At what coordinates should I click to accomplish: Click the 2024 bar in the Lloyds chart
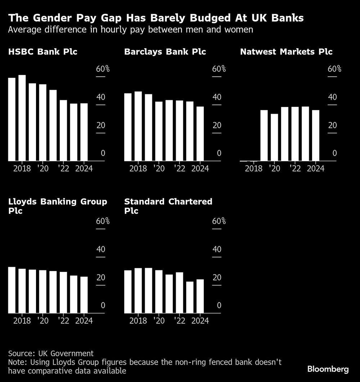tap(84, 295)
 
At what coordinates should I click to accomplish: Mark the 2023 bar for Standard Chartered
tap(190, 297)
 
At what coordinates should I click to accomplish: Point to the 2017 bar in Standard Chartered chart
tap(128, 292)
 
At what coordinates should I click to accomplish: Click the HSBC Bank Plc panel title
tap(42, 52)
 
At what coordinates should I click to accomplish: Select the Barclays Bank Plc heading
tap(165, 52)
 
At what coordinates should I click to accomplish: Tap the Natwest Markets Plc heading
tap(286, 52)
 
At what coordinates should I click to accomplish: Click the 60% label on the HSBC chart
tap(103, 69)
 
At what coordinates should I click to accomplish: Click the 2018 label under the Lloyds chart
tap(22, 321)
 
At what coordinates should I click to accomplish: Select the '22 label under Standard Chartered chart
tap(179, 321)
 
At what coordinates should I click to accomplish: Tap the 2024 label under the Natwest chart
tap(315, 168)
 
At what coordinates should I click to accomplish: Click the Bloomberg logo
tap(328, 369)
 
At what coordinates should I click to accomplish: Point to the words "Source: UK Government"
tap(51, 354)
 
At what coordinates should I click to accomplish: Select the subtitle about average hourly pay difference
tap(130, 30)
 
